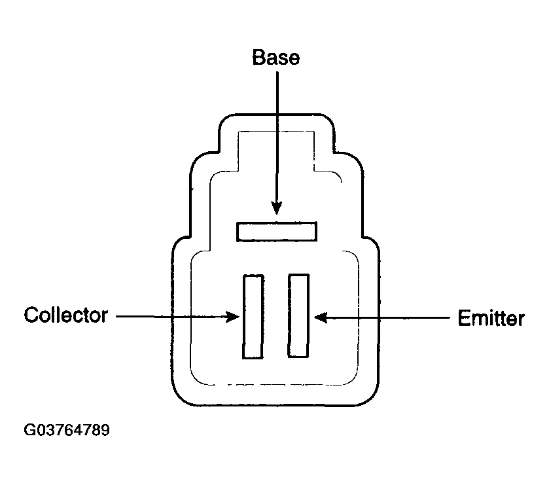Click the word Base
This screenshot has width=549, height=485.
pos(276,58)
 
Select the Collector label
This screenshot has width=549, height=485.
pos(66,315)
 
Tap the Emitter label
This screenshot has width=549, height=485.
pos(491,318)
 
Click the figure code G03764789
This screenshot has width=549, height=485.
pos(67,430)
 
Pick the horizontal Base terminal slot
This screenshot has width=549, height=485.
pos(277,232)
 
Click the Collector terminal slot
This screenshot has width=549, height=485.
pos(253,317)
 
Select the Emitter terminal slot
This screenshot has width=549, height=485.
pos(298,316)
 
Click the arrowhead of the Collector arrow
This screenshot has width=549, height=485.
pos(232,317)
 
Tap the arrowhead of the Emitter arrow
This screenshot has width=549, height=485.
pos(321,317)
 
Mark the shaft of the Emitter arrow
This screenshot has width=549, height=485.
pos(382,317)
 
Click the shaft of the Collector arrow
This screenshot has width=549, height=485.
pos(178,317)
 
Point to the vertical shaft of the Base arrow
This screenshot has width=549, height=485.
pos(277,143)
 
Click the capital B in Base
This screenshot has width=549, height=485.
pos(258,58)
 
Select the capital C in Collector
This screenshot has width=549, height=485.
pos(31,315)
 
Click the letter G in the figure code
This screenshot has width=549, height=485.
pos(29,430)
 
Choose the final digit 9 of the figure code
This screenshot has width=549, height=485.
pos(105,430)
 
